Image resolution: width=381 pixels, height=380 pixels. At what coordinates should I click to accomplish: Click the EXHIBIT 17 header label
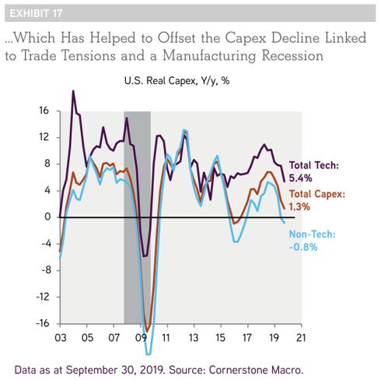[x=36, y=13]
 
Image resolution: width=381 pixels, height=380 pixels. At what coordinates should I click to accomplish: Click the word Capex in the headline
[x=245, y=38]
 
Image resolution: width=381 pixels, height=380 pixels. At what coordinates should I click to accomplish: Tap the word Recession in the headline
[x=292, y=55]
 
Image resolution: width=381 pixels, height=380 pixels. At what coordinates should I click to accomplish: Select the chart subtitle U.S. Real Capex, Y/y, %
[x=177, y=81]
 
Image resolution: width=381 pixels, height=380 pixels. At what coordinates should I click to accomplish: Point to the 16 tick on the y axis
[x=44, y=111]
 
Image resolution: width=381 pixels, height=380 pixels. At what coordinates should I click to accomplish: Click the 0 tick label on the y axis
[x=47, y=216]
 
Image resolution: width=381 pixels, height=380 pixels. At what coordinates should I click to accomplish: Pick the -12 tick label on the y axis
[x=43, y=297]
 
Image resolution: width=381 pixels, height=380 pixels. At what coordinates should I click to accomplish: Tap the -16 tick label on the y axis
[x=43, y=323]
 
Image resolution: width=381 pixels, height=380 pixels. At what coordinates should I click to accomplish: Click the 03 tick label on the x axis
[x=61, y=338]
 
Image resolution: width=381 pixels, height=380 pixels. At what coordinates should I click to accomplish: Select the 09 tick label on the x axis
[x=141, y=338]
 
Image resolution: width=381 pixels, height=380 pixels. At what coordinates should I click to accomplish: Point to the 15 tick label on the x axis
[x=220, y=338]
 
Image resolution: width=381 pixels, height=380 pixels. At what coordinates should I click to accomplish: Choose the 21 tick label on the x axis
[x=300, y=338]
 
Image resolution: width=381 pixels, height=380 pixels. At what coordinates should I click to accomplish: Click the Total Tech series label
[x=314, y=165]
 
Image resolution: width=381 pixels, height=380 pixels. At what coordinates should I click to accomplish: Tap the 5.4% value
[x=300, y=178]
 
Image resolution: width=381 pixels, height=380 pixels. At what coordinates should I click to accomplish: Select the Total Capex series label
[x=317, y=194]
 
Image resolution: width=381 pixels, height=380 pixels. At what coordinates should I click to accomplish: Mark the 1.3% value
[x=299, y=206]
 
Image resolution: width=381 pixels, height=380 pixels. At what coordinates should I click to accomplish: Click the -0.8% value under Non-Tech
[x=303, y=247]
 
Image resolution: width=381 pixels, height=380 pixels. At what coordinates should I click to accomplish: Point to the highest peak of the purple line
[x=73, y=91]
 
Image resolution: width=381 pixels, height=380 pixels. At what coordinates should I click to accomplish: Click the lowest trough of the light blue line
[x=149, y=354]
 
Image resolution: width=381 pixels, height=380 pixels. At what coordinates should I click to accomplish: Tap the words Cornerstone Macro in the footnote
[x=256, y=370]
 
